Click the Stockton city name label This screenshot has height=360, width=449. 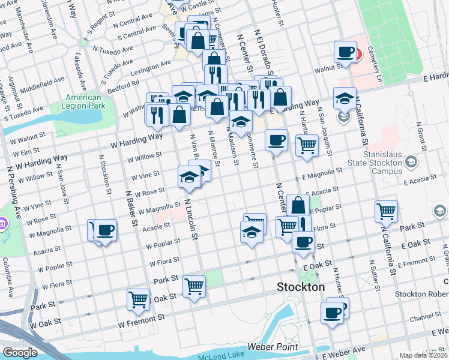[x=301, y=287]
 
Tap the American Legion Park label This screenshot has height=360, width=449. [x=83, y=102]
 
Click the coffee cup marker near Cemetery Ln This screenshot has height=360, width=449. [x=345, y=52]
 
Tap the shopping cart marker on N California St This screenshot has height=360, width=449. [x=385, y=211]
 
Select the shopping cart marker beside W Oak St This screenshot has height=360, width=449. [x=138, y=301]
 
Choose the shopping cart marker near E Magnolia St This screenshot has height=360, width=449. [x=307, y=145]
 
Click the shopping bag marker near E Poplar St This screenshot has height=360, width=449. [x=298, y=205]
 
